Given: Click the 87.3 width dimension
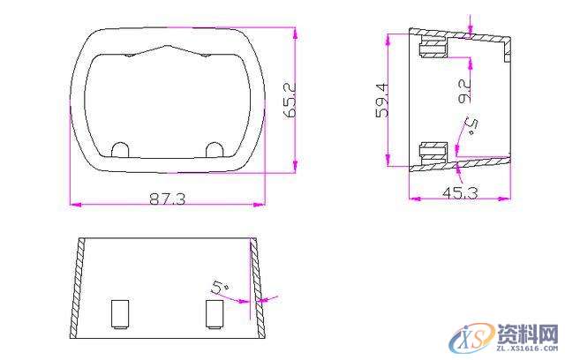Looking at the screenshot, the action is [x=167, y=199].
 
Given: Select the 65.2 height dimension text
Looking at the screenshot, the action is [x=290, y=100].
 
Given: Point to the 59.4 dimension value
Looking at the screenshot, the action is [x=382, y=100].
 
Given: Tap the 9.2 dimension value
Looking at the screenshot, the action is [x=464, y=91].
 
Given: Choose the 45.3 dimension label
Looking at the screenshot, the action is [x=460, y=193].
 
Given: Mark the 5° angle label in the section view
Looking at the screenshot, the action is [x=471, y=125].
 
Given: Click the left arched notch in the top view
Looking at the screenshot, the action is [x=120, y=150].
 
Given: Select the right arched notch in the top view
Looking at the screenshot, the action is [x=215, y=150].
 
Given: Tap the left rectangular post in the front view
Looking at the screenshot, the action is [x=120, y=314].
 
